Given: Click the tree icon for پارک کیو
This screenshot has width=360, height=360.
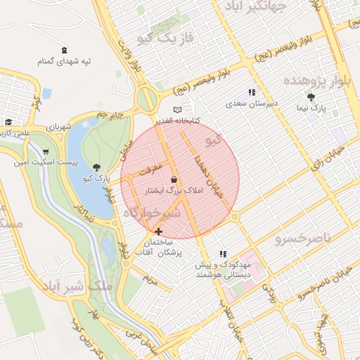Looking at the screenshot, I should coord(96,167).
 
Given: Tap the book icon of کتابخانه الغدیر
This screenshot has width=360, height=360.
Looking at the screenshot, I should coord(177,110).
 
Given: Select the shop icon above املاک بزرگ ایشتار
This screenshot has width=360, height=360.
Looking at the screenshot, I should coord(174,179).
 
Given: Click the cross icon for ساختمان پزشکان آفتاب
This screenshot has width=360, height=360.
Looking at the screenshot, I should coord(158,231).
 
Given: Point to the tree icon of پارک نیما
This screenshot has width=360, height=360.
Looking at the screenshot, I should coord(311,98).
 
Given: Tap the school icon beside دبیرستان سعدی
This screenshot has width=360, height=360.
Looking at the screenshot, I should coord(252,92).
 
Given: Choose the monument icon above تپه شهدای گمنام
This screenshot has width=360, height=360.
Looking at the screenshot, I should coord(65,49).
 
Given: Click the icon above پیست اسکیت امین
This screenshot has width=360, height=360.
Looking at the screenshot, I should coord(46,151).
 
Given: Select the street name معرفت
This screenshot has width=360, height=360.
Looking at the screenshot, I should coord(150,169).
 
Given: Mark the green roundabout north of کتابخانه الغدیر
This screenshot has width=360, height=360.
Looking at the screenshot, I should coord(147,99).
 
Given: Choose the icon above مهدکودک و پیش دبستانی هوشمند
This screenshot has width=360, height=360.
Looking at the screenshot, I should coord(223,254).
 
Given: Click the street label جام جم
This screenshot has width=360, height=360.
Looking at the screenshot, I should coord(110,114).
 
